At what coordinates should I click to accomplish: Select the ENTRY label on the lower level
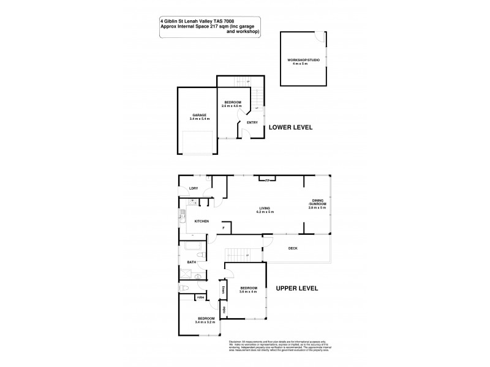click(x=252, y=123)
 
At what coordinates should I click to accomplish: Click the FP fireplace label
click(x=267, y=180)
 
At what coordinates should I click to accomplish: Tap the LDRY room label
click(x=194, y=188)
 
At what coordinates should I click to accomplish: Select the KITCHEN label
click(x=202, y=221)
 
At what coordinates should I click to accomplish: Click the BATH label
click(x=192, y=262)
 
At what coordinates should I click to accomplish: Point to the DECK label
click(x=293, y=248)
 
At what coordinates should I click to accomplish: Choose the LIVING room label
click(x=265, y=208)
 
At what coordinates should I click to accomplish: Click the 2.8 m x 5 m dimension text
click(x=317, y=208)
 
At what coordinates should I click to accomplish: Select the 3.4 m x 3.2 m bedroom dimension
click(x=206, y=322)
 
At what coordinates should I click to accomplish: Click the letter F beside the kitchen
click(x=224, y=228)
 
